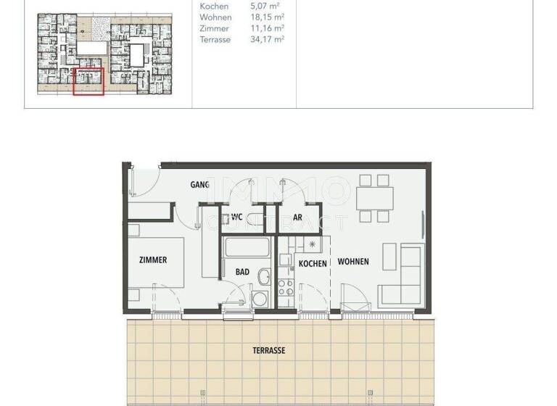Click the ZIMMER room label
[152, 260]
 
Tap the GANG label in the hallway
[200, 185]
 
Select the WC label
[236, 217]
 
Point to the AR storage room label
[297, 217]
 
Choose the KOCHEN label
[313, 264]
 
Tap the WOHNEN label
[353, 262]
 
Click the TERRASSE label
[269, 350]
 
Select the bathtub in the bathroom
[247, 247]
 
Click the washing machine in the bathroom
[259, 300]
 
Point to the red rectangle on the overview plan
[89, 80]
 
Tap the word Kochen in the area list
[214, 7]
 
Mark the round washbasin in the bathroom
[265, 275]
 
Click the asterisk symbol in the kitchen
[313, 245]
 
